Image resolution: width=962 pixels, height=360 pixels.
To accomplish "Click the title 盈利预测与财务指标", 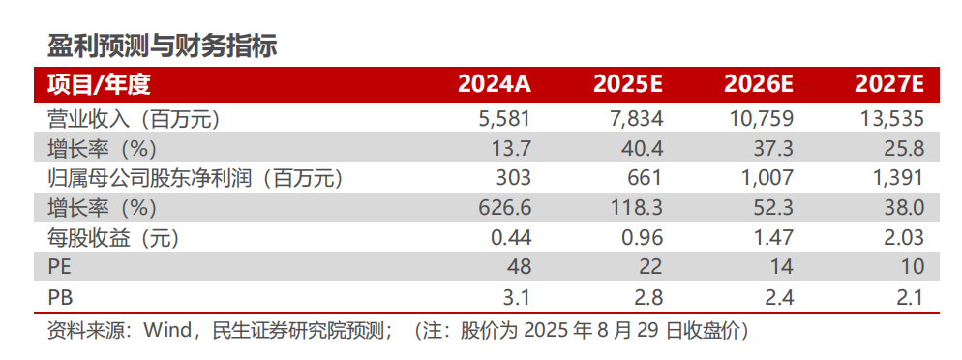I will click(x=162, y=45).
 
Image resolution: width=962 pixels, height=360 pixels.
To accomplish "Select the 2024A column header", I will click(x=495, y=84).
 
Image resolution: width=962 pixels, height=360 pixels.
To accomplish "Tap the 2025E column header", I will click(x=628, y=84).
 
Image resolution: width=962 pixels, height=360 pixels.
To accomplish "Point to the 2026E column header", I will click(x=759, y=84).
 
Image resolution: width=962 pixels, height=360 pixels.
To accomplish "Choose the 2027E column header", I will click(x=889, y=84).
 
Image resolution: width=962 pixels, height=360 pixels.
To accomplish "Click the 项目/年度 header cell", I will click(x=99, y=84).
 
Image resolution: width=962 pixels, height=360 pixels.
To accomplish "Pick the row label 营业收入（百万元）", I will click(x=135, y=119).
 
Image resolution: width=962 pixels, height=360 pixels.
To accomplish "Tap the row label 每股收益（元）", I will click(x=113, y=237).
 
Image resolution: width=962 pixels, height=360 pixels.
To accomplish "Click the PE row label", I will click(x=59, y=267).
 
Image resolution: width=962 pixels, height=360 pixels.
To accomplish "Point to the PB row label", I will click(x=59, y=296).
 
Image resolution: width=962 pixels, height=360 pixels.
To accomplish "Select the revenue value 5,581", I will click(x=506, y=119).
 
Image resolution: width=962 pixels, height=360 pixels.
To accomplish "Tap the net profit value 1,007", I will click(x=767, y=178).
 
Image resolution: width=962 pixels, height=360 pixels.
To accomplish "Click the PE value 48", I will click(x=521, y=267).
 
